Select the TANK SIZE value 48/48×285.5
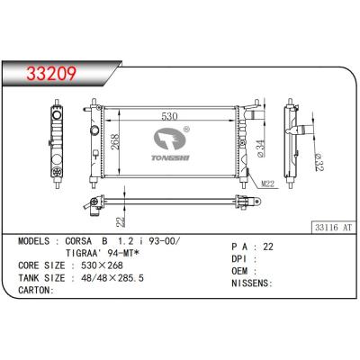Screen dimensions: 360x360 point(117,279)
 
